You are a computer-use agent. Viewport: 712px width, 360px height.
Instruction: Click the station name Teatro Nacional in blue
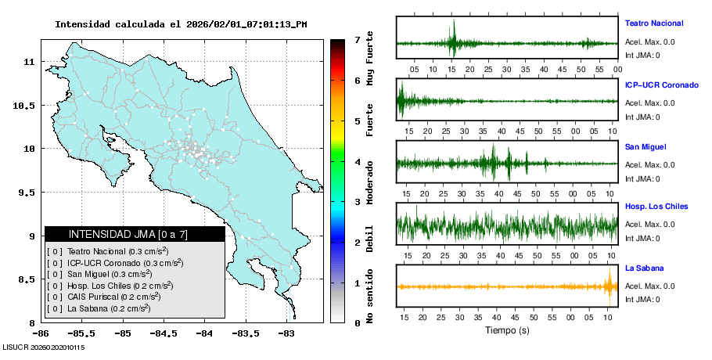click(x=653, y=23)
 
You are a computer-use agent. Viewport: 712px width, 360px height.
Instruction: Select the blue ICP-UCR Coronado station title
click(x=661, y=85)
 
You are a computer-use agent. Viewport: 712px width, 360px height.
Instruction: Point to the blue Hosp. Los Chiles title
click(x=656, y=207)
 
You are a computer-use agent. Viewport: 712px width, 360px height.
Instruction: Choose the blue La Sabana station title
click(x=644, y=268)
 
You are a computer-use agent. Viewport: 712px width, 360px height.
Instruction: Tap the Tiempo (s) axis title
click(x=507, y=330)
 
